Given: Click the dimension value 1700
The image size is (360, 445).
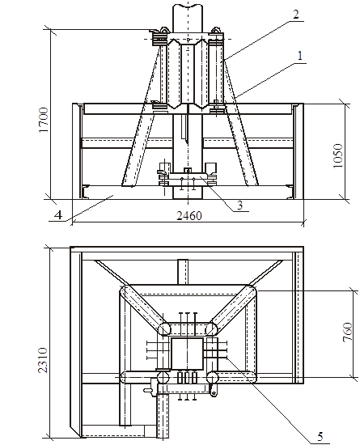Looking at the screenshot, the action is coord(44,120).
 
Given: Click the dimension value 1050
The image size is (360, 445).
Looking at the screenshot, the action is coord(338,156).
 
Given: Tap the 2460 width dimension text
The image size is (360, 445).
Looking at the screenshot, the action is coord(189,216).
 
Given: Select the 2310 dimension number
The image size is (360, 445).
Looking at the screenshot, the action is coord(43,360).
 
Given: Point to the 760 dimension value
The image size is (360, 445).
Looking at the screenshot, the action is coord(347,332).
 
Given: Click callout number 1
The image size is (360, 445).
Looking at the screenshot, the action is coord(300,56).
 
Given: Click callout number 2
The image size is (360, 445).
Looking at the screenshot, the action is coord(295,15).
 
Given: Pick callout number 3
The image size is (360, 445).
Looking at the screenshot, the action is coord(240,206).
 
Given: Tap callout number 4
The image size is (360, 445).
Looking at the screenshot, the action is coord(58,215).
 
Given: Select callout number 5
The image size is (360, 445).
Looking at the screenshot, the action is coord(320,436).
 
